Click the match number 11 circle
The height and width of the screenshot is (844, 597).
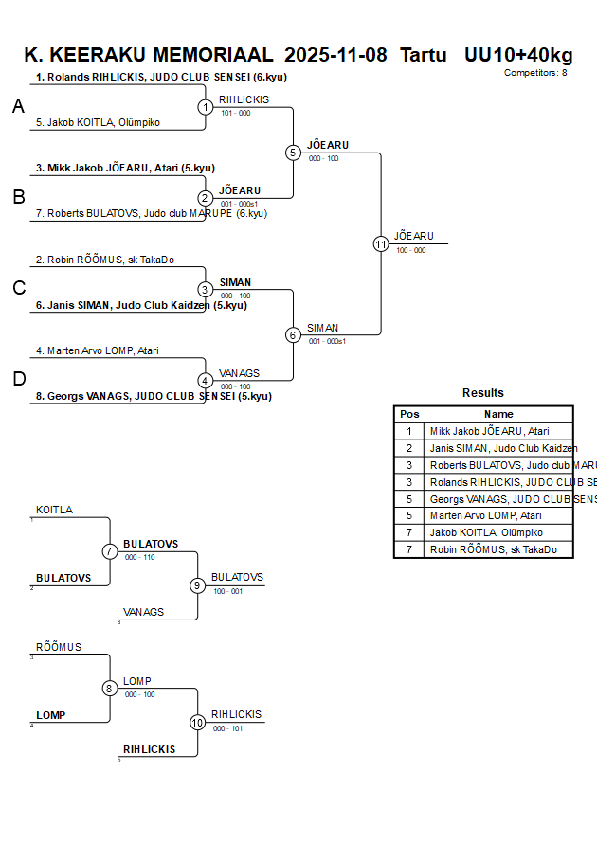[381, 243]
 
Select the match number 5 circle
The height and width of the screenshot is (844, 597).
[293, 153]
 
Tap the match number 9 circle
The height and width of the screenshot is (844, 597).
[197, 585]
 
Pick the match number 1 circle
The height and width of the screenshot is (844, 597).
[206, 107]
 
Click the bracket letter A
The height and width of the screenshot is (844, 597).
[18, 107]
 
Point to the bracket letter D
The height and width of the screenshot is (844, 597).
[18, 380]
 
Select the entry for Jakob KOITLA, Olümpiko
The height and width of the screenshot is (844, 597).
[98, 122]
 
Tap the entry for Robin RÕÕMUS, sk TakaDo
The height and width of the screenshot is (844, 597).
[105, 260]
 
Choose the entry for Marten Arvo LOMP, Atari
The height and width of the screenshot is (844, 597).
[98, 350]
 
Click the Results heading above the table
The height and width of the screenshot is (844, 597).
[483, 393]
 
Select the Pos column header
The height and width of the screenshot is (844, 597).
[409, 414]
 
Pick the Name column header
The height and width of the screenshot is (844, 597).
[498, 414]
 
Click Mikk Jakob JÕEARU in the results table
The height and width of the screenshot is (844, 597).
[489, 431]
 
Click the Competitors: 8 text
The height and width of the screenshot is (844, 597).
[535, 73]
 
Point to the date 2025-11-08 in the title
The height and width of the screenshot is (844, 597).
[335, 55]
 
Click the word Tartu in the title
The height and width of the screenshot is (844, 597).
[423, 55]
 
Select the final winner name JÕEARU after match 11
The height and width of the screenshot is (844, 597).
[414, 236]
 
